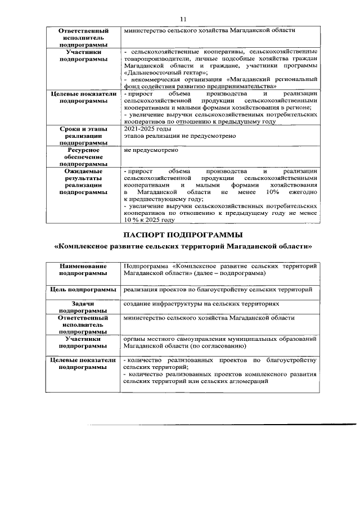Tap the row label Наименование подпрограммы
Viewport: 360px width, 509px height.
point(83,269)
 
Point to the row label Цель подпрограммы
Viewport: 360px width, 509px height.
point(83,289)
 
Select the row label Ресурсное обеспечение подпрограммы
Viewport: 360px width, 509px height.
point(83,157)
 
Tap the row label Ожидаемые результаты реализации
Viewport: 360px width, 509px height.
point(83,181)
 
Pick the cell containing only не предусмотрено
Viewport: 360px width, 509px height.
point(151,151)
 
